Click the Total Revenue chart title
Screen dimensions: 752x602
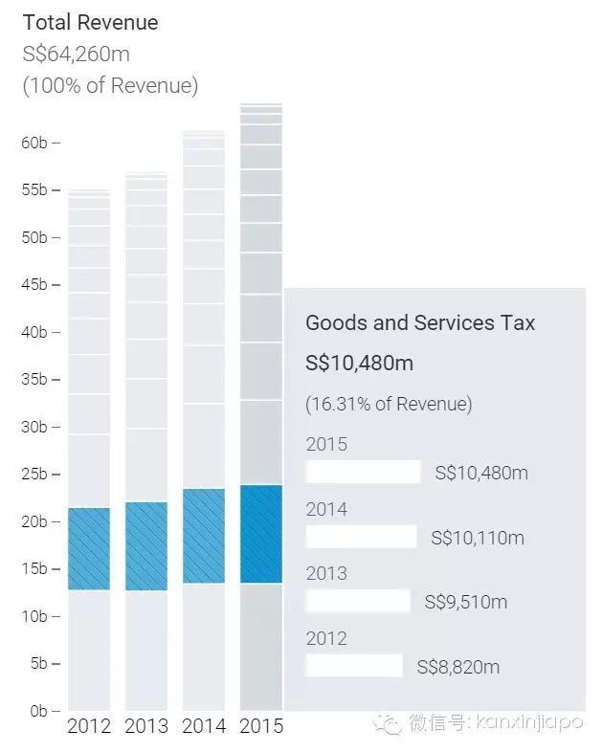(x=91, y=22)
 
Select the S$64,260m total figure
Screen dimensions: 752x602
(x=80, y=54)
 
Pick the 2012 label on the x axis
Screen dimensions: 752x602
(x=88, y=726)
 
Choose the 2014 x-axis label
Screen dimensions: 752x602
(x=203, y=726)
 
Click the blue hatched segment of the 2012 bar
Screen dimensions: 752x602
(x=88, y=548)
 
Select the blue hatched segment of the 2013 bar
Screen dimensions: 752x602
(x=145, y=545)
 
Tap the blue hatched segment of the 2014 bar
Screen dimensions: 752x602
(x=203, y=536)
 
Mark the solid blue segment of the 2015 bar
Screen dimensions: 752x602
(x=260, y=534)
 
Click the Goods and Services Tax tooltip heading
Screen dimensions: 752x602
(x=420, y=322)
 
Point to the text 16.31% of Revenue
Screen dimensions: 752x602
(x=389, y=404)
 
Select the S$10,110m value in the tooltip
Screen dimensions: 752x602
(x=478, y=538)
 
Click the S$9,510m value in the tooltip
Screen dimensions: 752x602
(x=466, y=602)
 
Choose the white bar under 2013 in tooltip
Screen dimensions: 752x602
(x=358, y=601)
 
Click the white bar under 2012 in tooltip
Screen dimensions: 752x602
(x=354, y=666)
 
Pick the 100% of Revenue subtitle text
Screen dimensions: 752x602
(x=110, y=86)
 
